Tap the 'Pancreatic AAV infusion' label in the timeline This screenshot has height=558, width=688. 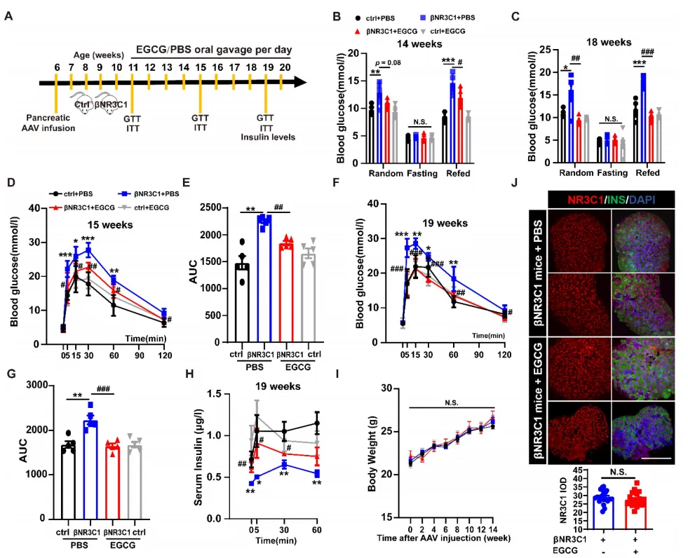tap(50, 123)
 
